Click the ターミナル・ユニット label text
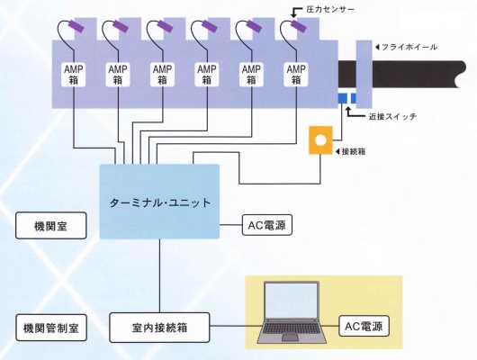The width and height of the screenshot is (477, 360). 160,202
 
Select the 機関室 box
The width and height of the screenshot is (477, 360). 51,226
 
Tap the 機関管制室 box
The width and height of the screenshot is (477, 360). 51,328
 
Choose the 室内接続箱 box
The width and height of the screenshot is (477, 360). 159,328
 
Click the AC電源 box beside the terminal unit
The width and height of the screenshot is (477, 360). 267,225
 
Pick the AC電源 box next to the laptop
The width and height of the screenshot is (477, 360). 364,326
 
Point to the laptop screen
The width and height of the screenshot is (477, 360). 291,300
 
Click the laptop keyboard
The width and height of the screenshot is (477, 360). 292,328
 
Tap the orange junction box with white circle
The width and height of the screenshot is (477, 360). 320,140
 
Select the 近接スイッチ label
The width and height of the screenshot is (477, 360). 392,117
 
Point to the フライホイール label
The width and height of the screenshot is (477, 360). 409,47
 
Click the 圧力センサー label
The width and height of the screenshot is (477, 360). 330,9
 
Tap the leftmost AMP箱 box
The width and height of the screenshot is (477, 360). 74,75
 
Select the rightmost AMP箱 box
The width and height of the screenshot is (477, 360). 296,75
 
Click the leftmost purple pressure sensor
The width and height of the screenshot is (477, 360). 75,25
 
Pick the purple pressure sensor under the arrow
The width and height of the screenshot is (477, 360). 298,25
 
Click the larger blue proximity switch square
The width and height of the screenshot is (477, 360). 343,98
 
